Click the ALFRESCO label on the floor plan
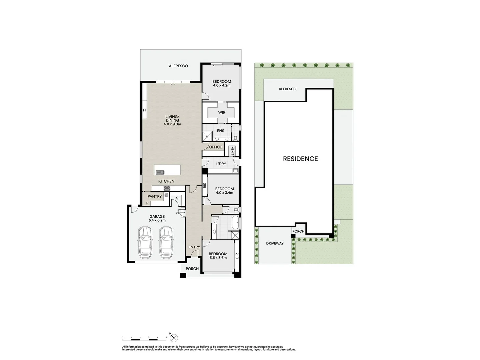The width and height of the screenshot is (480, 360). pos(178,66)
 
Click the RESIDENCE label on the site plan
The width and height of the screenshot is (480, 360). pos(300,159)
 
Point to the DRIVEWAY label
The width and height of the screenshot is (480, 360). pos(275,243)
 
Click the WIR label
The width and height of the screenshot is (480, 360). pos(222,113)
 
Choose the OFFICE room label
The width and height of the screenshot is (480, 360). pos(215,147)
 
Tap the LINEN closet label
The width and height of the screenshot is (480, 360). pos(233,151)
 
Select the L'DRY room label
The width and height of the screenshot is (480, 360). pos(221,164)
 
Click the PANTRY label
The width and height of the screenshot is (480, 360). pos(155,197)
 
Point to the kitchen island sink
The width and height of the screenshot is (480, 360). pos(160,172)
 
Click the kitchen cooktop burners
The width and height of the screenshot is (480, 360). pos(167,188)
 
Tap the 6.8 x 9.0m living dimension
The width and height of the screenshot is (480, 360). pos(172,124)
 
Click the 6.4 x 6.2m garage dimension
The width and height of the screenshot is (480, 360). pos(157,220)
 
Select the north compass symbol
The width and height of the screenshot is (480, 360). pos(174,338)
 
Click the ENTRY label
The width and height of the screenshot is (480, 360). pos(194,247)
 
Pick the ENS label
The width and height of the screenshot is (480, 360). pos(221,131)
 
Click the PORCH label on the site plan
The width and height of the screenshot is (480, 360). pos(298,231)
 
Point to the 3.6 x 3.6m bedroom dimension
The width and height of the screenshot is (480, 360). pos(218,258)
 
